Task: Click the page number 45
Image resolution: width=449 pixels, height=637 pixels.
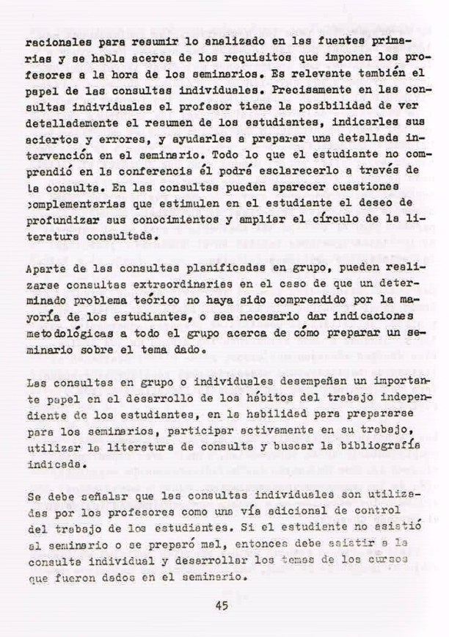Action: [224, 605]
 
